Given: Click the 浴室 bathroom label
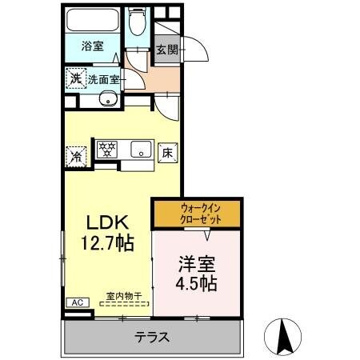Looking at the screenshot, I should click(94, 47).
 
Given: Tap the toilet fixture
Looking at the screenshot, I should click(136, 23).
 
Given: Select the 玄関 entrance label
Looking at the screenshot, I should click(167, 49).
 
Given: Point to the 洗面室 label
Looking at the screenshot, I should click(102, 79).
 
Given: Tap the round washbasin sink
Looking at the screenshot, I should click(106, 99).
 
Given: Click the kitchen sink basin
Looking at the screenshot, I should click(141, 150).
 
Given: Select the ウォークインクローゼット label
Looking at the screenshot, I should click(198, 213).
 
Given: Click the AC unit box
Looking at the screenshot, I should click(78, 302).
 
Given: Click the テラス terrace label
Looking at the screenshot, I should click(152, 337).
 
